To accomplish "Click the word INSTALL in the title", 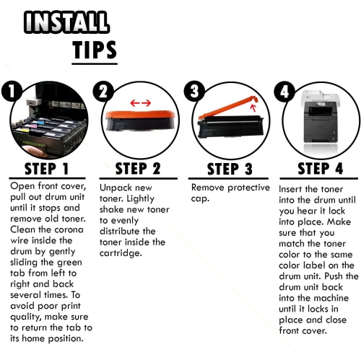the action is click(x=66, y=22).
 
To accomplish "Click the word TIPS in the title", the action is click(x=95, y=50).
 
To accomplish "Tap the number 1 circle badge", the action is click(x=12, y=92).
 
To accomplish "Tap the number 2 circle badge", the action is click(x=103, y=92).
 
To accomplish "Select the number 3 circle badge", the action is click(x=194, y=92).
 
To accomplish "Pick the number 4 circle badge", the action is click(x=284, y=92).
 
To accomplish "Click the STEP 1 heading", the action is click(x=47, y=169).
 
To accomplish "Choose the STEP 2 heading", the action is click(x=138, y=168).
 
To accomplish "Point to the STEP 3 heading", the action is click(x=230, y=169).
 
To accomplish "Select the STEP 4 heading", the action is click(x=321, y=168).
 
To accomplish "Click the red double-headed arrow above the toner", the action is click(x=141, y=103).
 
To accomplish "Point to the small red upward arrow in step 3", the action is click(x=253, y=107).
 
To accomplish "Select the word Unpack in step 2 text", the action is click(x=114, y=188).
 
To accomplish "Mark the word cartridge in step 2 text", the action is click(x=121, y=253).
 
